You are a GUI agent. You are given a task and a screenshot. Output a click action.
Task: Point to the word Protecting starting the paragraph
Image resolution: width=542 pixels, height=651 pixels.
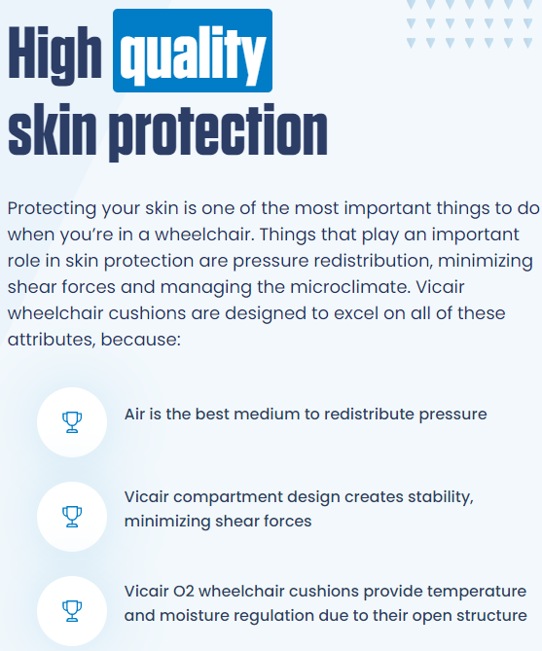53,209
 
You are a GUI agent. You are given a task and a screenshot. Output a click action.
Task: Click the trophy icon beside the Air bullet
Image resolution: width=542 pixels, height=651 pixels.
72,421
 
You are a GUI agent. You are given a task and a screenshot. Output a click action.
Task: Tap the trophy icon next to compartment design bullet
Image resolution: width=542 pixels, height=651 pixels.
72,516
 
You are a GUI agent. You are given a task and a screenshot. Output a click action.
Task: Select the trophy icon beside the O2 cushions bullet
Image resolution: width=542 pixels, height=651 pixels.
72,610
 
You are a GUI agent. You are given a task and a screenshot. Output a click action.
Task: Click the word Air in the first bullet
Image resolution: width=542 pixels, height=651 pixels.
136,414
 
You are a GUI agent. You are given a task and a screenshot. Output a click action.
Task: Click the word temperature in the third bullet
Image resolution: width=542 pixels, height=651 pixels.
478,592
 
